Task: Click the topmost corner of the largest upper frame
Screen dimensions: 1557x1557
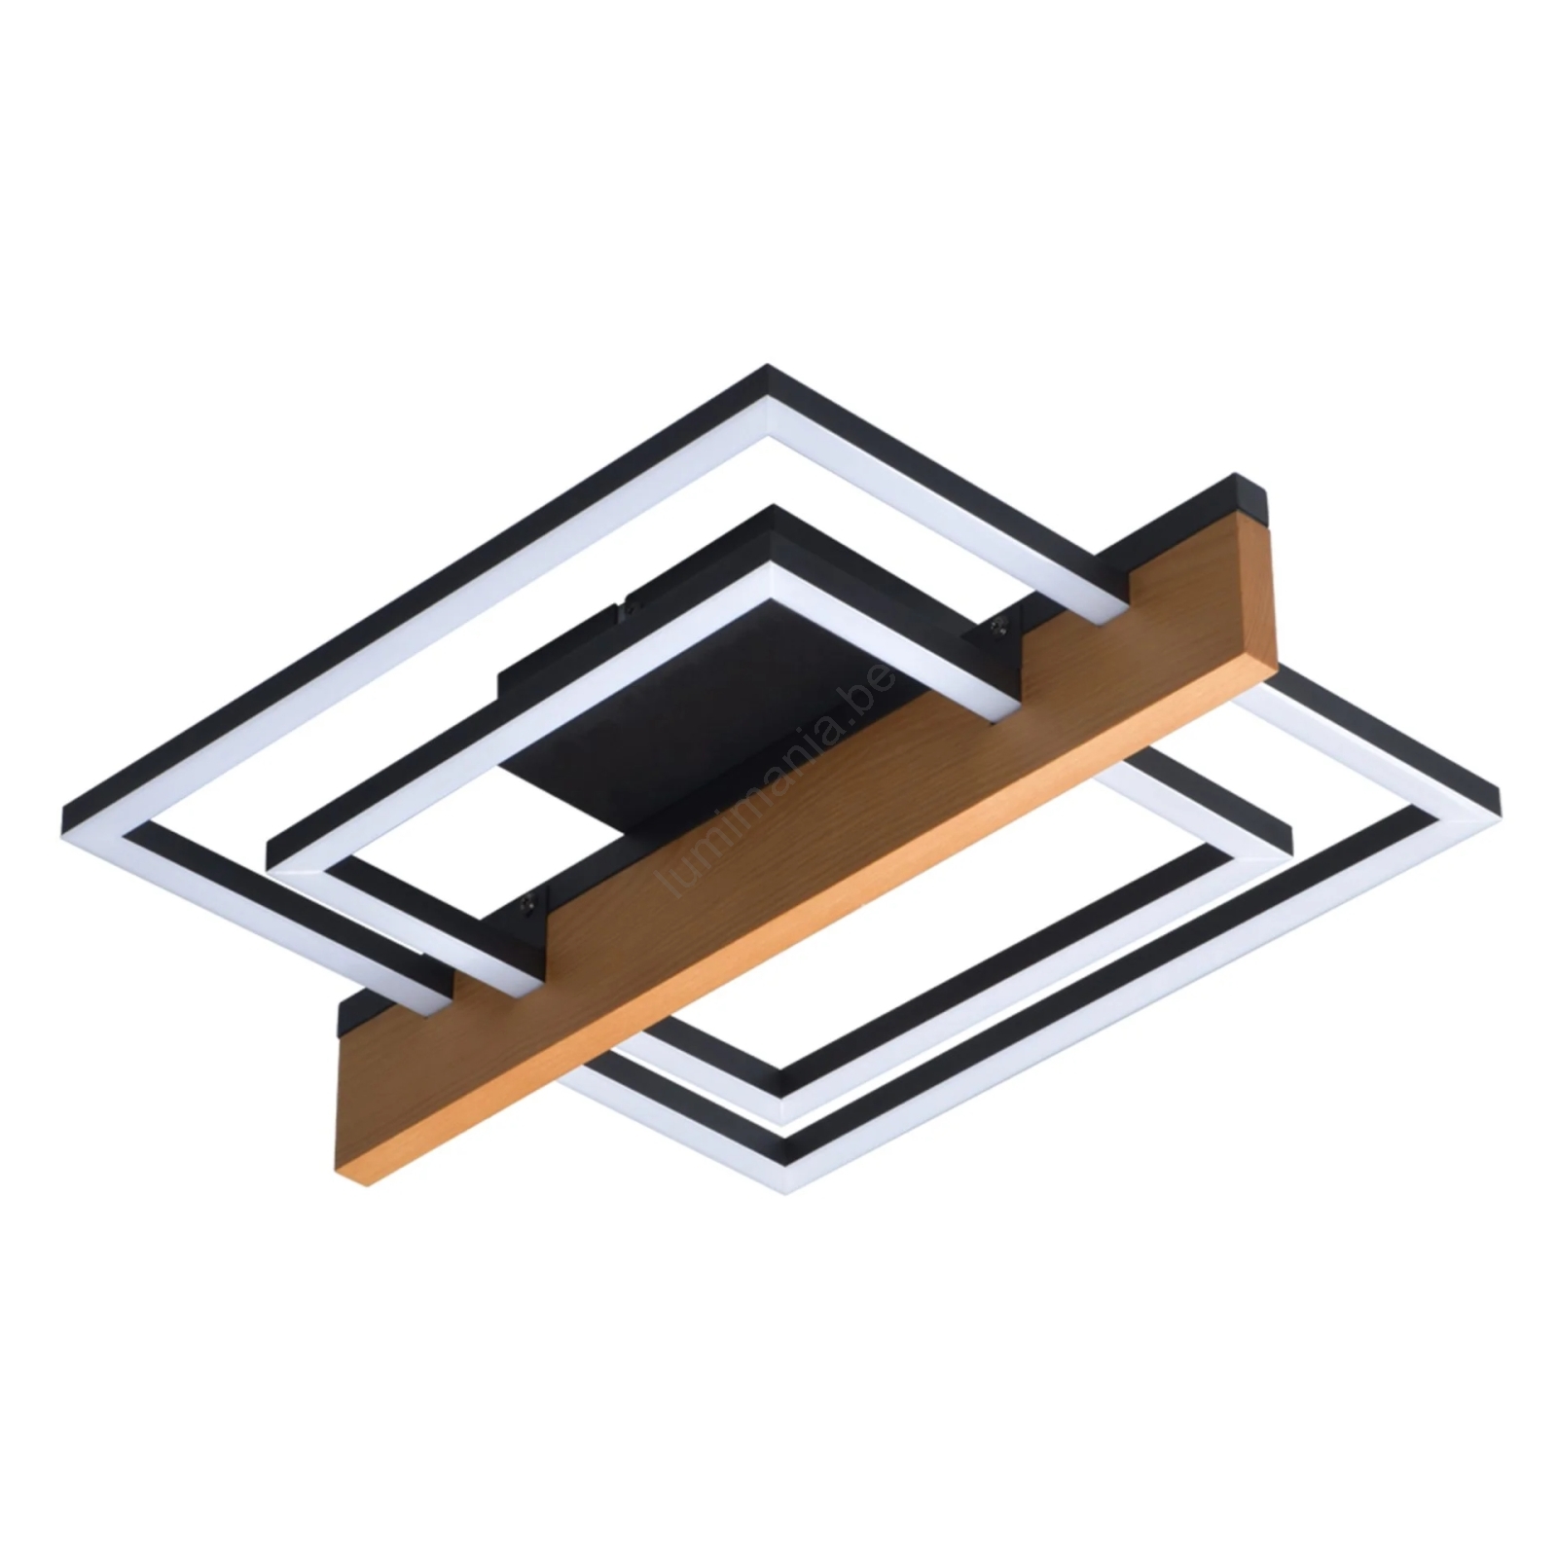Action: [769, 368]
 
